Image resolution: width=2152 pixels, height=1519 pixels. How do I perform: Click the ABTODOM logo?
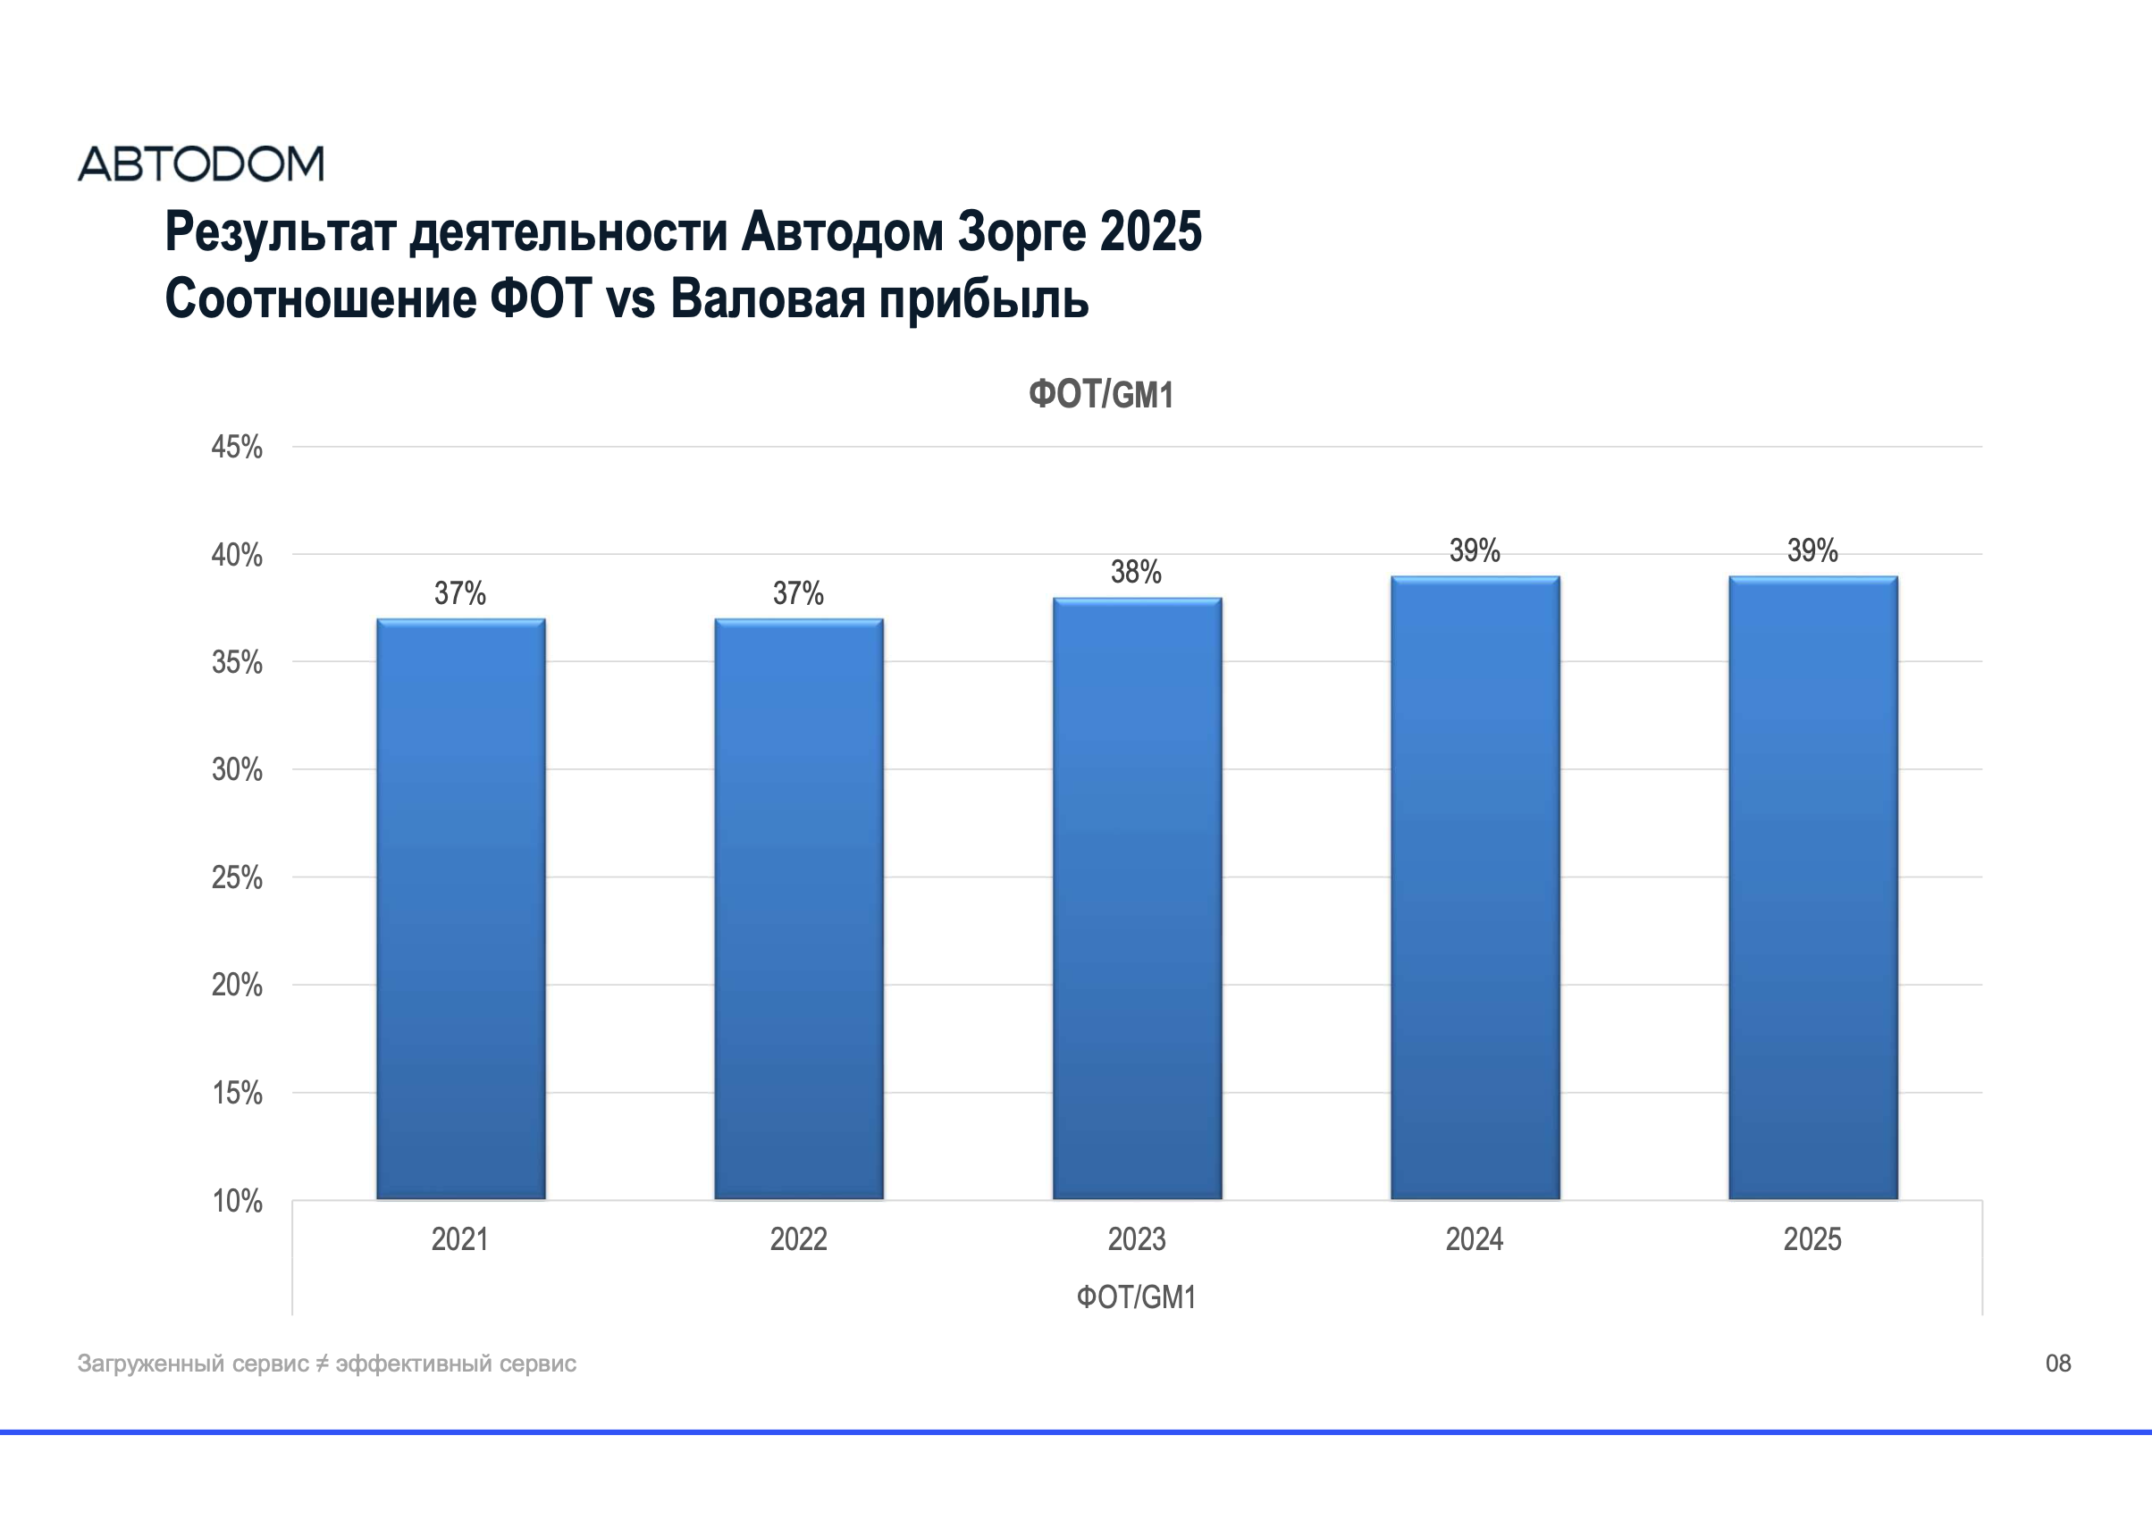(x=200, y=164)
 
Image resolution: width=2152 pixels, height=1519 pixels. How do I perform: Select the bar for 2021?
(x=460, y=909)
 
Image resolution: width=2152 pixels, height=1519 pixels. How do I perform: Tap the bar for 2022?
(x=799, y=909)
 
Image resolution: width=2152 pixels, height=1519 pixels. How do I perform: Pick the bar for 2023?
(x=1137, y=900)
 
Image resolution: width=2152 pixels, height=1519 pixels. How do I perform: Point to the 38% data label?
(x=1136, y=573)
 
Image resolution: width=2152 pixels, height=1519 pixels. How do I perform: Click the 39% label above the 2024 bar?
(x=1475, y=551)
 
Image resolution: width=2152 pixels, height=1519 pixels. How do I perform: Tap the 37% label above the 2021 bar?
(x=459, y=593)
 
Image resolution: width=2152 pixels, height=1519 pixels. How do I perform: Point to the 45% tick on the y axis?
(x=236, y=447)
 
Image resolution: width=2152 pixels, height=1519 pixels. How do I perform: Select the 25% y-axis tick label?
(x=236, y=878)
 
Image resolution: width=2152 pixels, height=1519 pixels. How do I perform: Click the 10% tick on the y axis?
(x=236, y=1201)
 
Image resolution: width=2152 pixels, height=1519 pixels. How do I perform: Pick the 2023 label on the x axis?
(x=1136, y=1239)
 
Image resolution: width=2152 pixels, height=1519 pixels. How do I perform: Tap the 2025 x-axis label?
(x=1812, y=1239)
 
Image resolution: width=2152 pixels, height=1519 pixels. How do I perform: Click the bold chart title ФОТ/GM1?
(x=1100, y=396)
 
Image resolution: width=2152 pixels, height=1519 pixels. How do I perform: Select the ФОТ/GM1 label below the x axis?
(x=1136, y=1297)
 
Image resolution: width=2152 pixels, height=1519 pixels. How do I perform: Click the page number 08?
(x=2057, y=1364)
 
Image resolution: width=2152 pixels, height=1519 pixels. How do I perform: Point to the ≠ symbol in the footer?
(x=322, y=1364)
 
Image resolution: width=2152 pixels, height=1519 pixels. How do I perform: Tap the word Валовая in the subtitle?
(x=767, y=300)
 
